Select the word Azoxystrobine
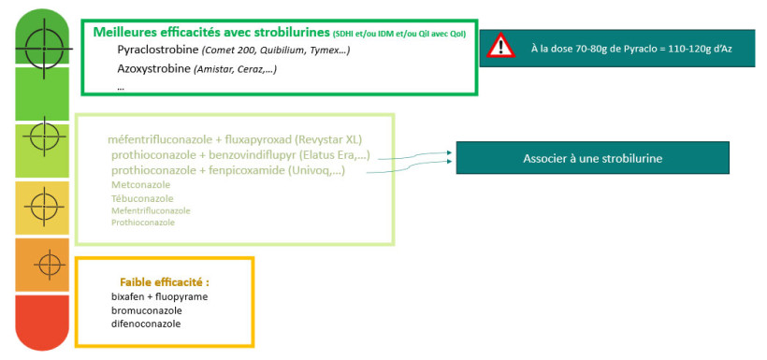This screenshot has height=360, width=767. coord(152,68)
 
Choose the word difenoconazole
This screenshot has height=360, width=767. coord(145,324)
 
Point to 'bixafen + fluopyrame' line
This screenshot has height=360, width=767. coord(159,296)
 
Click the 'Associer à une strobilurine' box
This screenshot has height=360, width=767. coord(592,158)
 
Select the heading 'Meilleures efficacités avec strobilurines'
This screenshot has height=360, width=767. coord(211,32)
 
